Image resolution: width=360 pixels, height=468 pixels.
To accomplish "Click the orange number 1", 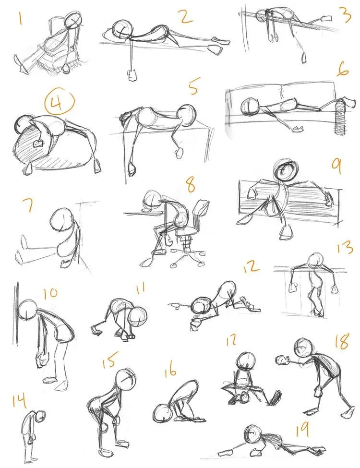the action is tap(20, 18).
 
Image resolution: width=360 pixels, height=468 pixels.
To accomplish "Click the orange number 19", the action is tap(302, 430).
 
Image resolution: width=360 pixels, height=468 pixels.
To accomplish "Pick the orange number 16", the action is tap(170, 372).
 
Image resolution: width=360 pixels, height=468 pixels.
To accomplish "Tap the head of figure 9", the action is tap(286, 169).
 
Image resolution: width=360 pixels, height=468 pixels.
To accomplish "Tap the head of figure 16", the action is tap(163, 413).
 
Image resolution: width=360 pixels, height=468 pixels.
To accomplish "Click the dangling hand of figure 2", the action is tap(132, 74).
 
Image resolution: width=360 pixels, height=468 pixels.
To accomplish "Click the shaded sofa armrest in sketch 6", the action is tap(340, 117).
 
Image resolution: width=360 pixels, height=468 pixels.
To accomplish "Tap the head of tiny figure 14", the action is tap(41, 415).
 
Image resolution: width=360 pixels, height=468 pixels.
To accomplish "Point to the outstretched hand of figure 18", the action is tap(282, 360).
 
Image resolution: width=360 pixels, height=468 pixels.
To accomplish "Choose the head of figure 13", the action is tap(315, 261).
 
